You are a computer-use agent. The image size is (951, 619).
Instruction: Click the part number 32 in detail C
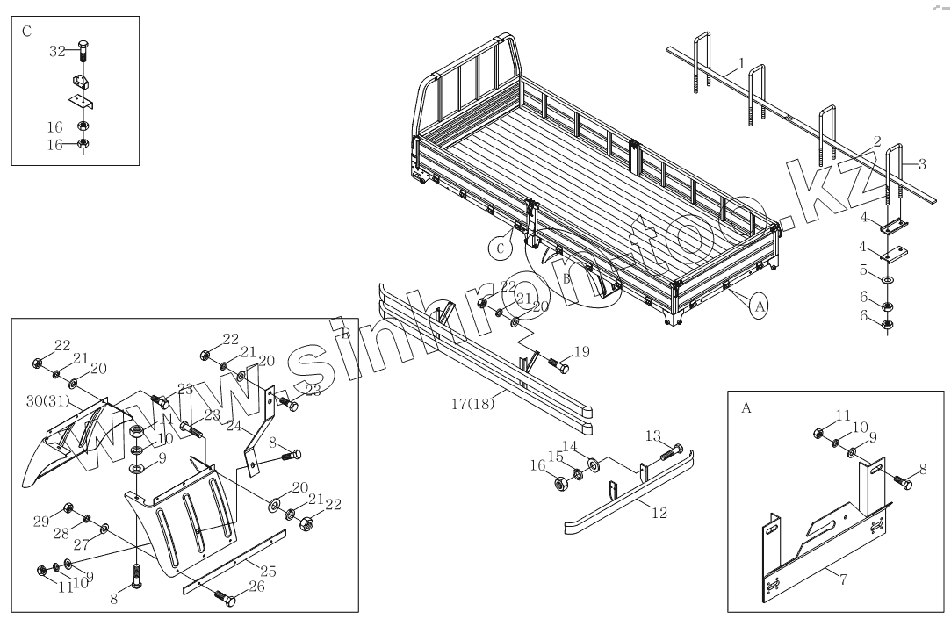click(56, 52)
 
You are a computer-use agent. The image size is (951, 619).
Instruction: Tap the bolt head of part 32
click(82, 47)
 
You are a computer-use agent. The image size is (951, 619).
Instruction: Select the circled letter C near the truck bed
click(501, 248)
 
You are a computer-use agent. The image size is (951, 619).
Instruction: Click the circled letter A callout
click(760, 306)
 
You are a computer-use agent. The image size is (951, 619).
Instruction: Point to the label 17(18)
click(472, 404)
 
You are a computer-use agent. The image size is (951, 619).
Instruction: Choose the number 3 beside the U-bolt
click(922, 163)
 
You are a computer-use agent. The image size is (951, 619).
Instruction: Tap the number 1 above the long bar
click(741, 64)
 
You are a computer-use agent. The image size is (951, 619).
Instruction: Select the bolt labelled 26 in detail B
click(223, 598)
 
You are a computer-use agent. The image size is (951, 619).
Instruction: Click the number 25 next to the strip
click(269, 571)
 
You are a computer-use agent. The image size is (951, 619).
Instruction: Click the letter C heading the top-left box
click(26, 32)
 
